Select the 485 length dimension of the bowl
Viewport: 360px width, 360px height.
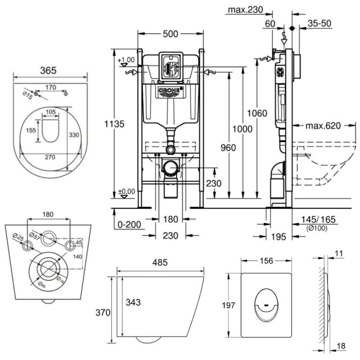(160, 261)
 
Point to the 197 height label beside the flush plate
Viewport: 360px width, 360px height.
(229, 306)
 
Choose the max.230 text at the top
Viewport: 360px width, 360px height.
(245, 9)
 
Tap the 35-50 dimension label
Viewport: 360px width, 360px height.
(319, 24)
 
